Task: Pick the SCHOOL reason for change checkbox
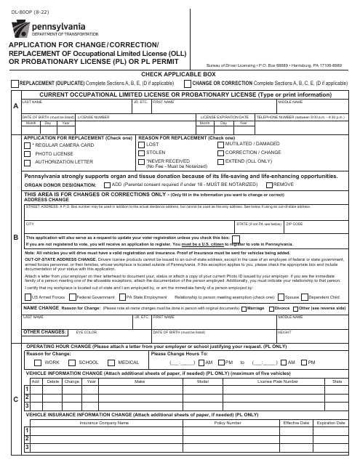(x=73, y=362)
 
